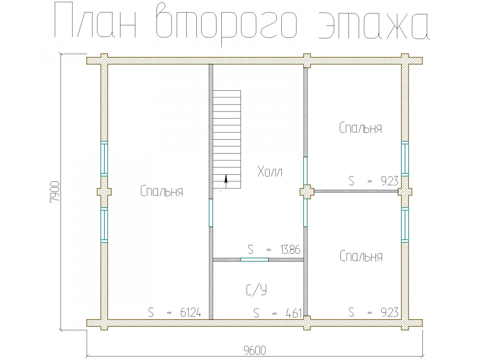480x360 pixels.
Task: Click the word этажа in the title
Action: (x=374, y=26)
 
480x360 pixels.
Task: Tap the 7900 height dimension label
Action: (x=55, y=192)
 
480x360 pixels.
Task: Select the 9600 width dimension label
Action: (x=255, y=350)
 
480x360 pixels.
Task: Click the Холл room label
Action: (x=270, y=172)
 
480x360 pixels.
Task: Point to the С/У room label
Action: (x=256, y=289)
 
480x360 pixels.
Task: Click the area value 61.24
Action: (x=191, y=312)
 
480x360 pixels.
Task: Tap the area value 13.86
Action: (x=290, y=250)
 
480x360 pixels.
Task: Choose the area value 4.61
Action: (x=293, y=313)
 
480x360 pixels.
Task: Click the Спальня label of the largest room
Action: (x=162, y=192)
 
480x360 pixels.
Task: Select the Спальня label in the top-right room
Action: (x=360, y=128)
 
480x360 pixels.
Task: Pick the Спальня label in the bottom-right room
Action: (x=361, y=256)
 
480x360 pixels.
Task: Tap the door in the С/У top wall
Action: (x=254, y=260)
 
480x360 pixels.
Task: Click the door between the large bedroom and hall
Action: (x=211, y=213)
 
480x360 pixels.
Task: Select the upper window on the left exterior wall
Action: (x=104, y=158)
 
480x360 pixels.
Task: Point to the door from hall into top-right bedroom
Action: (x=305, y=171)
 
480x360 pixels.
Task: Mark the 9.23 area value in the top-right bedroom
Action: (x=389, y=181)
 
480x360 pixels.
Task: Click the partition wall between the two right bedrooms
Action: (x=356, y=192)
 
